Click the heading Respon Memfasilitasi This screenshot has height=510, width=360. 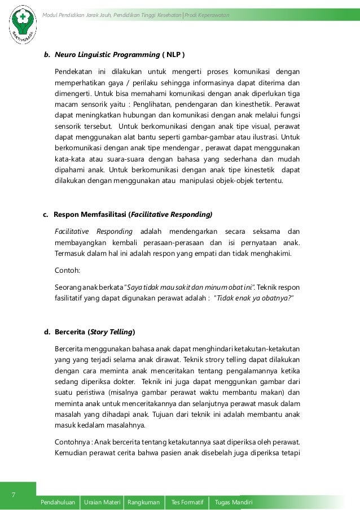click(90, 215)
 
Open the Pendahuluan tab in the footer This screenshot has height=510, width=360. click(59, 503)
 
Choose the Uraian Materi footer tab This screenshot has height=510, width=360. click(102, 503)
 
